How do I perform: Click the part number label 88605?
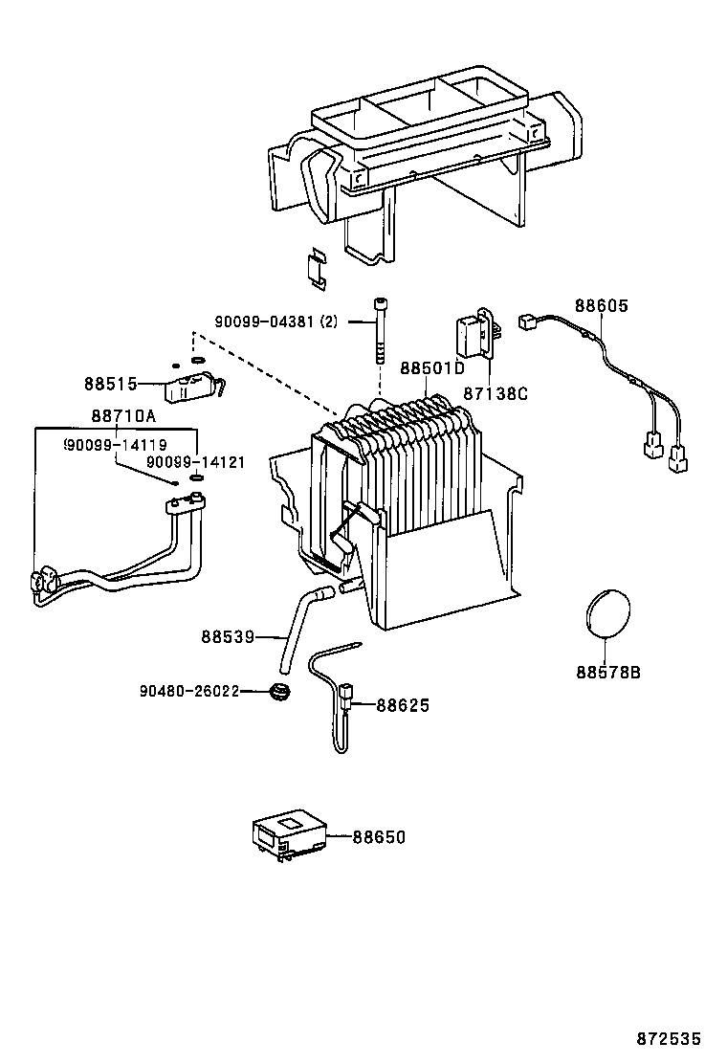coord(602,306)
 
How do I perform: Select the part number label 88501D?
coord(431,368)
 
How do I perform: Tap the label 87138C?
coord(496,393)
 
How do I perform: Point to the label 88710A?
coord(123,416)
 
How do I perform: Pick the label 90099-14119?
coord(116,445)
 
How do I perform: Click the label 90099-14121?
coord(196,462)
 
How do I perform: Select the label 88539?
coord(227,636)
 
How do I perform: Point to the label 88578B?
coord(608,672)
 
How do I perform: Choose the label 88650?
coord(379,837)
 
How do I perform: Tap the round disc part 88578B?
coord(608,613)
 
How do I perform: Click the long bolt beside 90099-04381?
coord(380,331)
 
